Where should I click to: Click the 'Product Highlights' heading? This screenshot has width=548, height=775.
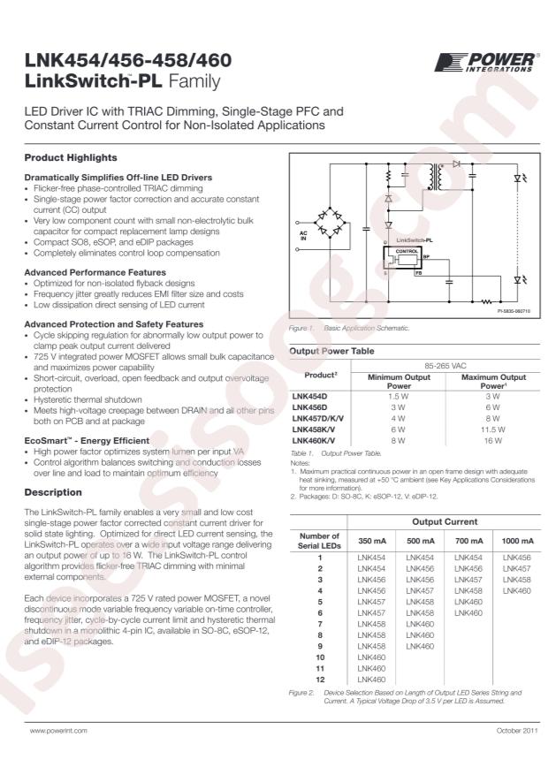click(x=70, y=157)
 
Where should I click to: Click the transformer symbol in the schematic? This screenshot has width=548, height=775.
click(x=435, y=178)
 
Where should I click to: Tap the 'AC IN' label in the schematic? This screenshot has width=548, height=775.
click(x=304, y=235)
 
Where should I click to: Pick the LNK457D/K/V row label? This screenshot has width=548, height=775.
click(x=320, y=418)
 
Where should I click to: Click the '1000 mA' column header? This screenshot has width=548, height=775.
click(x=518, y=542)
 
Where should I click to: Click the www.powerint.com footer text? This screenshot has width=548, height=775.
click(x=58, y=733)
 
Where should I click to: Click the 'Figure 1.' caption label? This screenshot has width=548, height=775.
click(x=301, y=328)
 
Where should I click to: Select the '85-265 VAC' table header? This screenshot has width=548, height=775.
click(x=444, y=364)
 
